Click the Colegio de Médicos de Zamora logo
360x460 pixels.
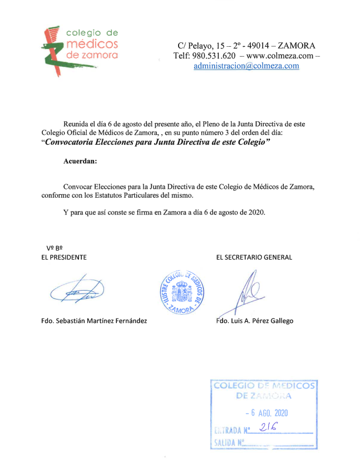81,49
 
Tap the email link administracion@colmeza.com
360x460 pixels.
246,66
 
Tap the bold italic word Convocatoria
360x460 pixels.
74,143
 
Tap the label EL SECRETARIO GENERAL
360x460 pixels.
254,257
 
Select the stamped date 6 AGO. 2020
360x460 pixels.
267,413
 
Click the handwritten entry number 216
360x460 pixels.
269,427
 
